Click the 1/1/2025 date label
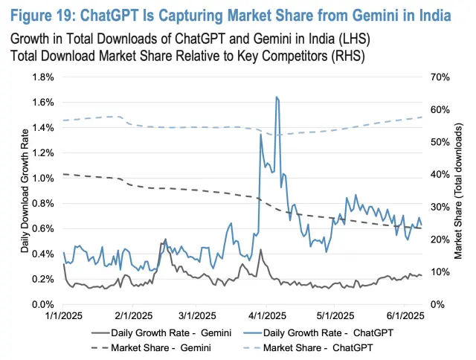click(62, 317)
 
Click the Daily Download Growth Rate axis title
click(24, 190)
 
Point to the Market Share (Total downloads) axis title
click(458, 190)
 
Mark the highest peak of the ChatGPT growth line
click(277, 97)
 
